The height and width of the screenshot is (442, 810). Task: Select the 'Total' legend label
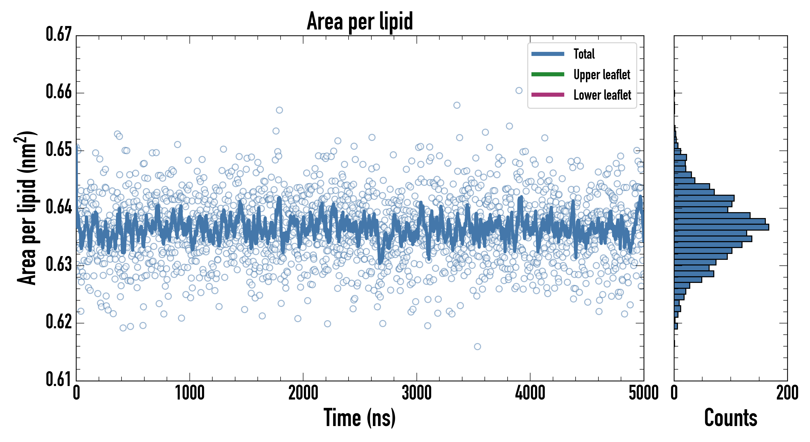[x=584, y=54]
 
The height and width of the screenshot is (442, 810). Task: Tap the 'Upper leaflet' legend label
[x=602, y=75]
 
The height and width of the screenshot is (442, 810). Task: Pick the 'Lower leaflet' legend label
[x=602, y=95]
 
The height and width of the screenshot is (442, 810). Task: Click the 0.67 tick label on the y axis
[x=59, y=34]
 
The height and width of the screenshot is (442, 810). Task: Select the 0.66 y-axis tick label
[x=59, y=92]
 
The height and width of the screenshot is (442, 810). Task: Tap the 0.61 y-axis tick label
[x=59, y=379]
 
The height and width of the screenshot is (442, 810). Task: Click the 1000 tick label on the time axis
[x=189, y=393]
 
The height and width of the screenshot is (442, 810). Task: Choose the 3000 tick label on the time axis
[x=417, y=393]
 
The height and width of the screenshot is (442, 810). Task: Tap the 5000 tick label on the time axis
[x=643, y=393]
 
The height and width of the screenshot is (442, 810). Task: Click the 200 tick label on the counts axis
[x=787, y=393]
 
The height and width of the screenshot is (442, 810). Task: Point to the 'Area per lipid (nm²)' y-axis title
[x=27, y=208]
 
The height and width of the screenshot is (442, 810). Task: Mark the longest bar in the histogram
[x=721, y=227]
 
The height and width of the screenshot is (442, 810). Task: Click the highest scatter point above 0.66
[x=519, y=91]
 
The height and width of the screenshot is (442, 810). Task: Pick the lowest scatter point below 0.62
[x=477, y=347]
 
